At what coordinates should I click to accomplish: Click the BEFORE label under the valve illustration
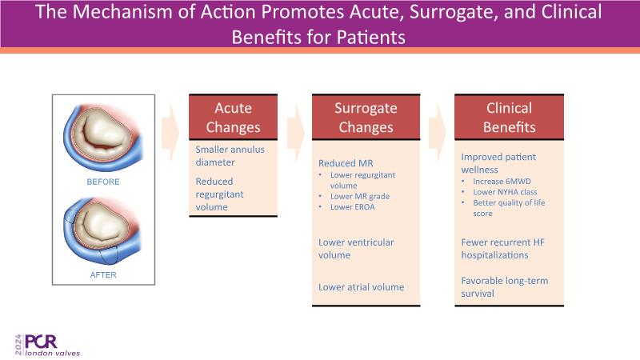[103, 182]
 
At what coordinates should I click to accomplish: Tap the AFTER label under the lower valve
[103, 274]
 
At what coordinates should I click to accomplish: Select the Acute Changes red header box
[233, 118]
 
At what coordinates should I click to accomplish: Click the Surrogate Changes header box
[366, 118]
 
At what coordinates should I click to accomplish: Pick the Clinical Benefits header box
[509, 118]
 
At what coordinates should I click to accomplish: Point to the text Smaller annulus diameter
[230, 156]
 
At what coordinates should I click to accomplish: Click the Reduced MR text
[346, 163]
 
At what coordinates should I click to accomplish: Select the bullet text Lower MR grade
[359, 196]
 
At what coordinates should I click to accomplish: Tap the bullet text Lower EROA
[352, 207]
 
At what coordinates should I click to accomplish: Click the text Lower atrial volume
[362, 287]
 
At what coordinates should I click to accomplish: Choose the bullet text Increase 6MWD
[502, 182]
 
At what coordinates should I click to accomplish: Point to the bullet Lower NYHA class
[505, 192]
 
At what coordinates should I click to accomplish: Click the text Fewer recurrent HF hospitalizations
[503, 249]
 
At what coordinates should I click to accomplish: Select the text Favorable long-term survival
[505, 287]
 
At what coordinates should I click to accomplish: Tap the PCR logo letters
[41, 342]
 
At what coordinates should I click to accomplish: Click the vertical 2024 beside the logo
[18, 345]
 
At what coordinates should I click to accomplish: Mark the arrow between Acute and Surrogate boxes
[295, 134]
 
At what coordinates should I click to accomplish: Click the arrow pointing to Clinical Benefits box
[438, 134]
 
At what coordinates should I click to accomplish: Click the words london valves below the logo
[52, 353]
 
